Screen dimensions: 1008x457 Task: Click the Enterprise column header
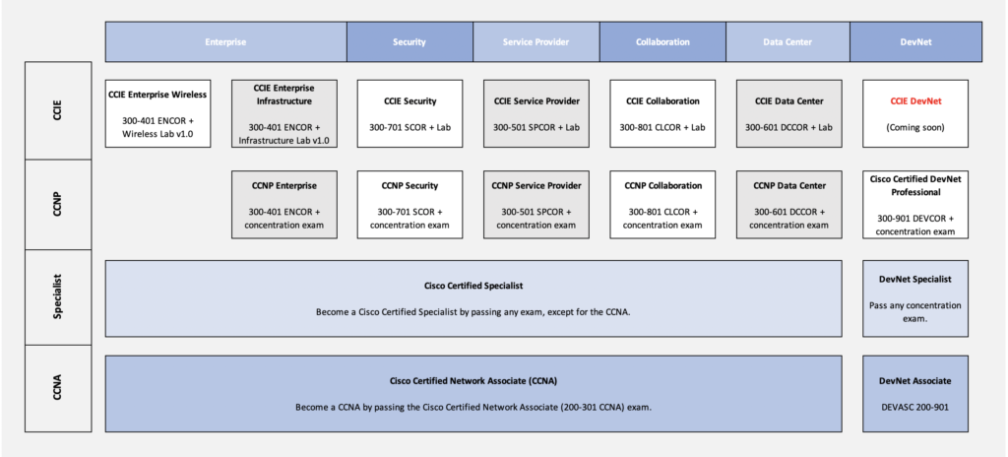[x=225, y=41]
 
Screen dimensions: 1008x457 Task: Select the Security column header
[x=409, y=41]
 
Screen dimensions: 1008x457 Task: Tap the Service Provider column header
[x=536, y=41]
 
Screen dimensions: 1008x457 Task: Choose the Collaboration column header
[x=662, y=41]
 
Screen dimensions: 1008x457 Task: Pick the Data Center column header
[x=788, y=41]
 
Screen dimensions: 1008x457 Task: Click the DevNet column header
[x=916, y=41]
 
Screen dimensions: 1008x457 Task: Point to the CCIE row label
[x=58, y=110]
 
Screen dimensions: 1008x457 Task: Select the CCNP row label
[x=58, y=205]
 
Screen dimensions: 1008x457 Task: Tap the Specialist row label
[x=58, y=297]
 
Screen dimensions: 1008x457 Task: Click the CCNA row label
[x=58, y=388]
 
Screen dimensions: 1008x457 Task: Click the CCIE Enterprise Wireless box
[x=157, y=114]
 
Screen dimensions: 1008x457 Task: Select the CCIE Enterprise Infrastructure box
[x=283, y=114]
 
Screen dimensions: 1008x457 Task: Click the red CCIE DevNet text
[x=915, y=101]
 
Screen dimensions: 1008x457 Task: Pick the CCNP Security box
[x=409, y=205]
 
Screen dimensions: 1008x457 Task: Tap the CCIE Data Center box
[x=788, y=114]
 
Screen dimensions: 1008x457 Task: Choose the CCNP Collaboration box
[x=662, y=205]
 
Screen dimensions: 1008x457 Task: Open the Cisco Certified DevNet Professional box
[x=915, y=205]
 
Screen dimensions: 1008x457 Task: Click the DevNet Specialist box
[x=915, y=298]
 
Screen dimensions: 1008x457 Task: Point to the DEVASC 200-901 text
[x=915, y=407]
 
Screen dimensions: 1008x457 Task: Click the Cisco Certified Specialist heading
[x=473, y=286]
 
